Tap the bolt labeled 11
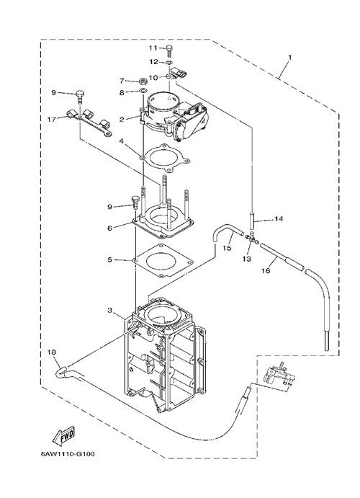(x=169, y=50)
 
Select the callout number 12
(x=154, y=61)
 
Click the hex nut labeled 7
(x=143, y=80)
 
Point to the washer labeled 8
(x=143, y=91)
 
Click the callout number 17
(x=52, y=119)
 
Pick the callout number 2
(x=122, y=120)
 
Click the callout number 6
(x=109, y=228)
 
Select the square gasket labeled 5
(x=163, y=260)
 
